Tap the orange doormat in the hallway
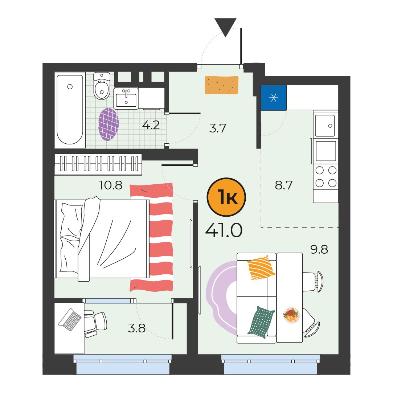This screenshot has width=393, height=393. point(222,85)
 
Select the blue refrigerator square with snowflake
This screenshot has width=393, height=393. point(274,98)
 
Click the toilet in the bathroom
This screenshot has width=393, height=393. point(102,86)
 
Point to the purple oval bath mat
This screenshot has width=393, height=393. point(109,124)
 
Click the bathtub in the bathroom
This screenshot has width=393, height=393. point(70,110)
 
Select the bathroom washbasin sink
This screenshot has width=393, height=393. point(126,98)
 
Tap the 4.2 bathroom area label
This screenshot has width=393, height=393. point(151,125)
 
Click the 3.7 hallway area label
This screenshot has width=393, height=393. point(218,128)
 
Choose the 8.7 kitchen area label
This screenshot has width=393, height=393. point(283,185)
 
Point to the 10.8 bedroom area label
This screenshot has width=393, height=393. point(111,185)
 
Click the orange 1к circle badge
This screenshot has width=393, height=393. point(226,197)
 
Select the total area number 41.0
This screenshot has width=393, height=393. point(224,230)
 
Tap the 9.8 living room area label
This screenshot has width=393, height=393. point(319,249)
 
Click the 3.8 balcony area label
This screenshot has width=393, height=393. point(136,328)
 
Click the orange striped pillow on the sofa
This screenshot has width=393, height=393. point(261,267)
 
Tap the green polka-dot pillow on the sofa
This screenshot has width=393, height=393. point(261,322)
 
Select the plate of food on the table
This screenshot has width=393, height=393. point(291,316)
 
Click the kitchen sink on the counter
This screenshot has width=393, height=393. point(325,126)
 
